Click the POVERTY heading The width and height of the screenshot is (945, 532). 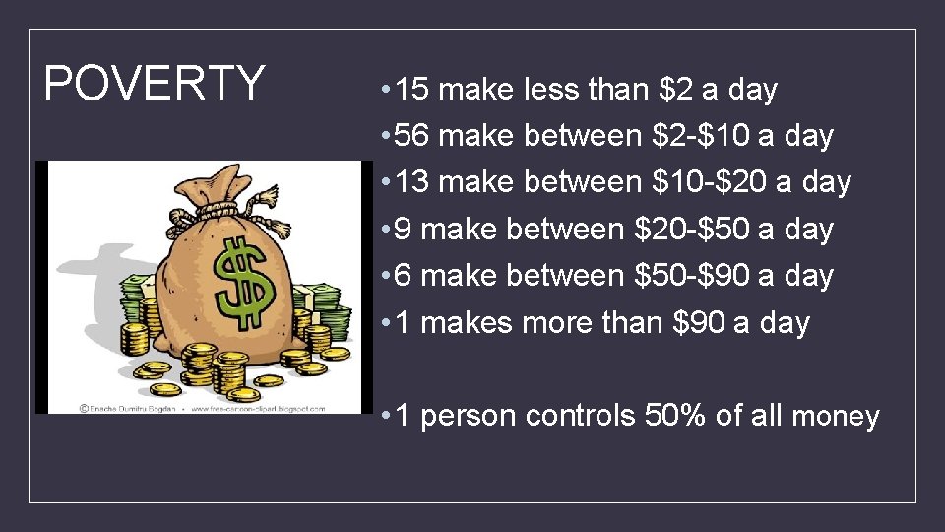155,84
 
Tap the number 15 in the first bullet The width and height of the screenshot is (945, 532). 413,90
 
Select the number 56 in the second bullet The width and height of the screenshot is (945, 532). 413,136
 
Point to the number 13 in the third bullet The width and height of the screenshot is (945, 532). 413,182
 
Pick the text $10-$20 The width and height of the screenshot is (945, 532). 712,182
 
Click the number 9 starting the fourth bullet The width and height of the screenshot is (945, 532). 403,230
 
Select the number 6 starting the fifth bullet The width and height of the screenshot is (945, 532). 403,276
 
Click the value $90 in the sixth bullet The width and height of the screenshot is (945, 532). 697,323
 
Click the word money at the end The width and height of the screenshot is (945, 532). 835,418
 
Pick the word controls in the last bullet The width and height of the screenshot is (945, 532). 581,417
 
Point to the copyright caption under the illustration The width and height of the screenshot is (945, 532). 202,407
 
